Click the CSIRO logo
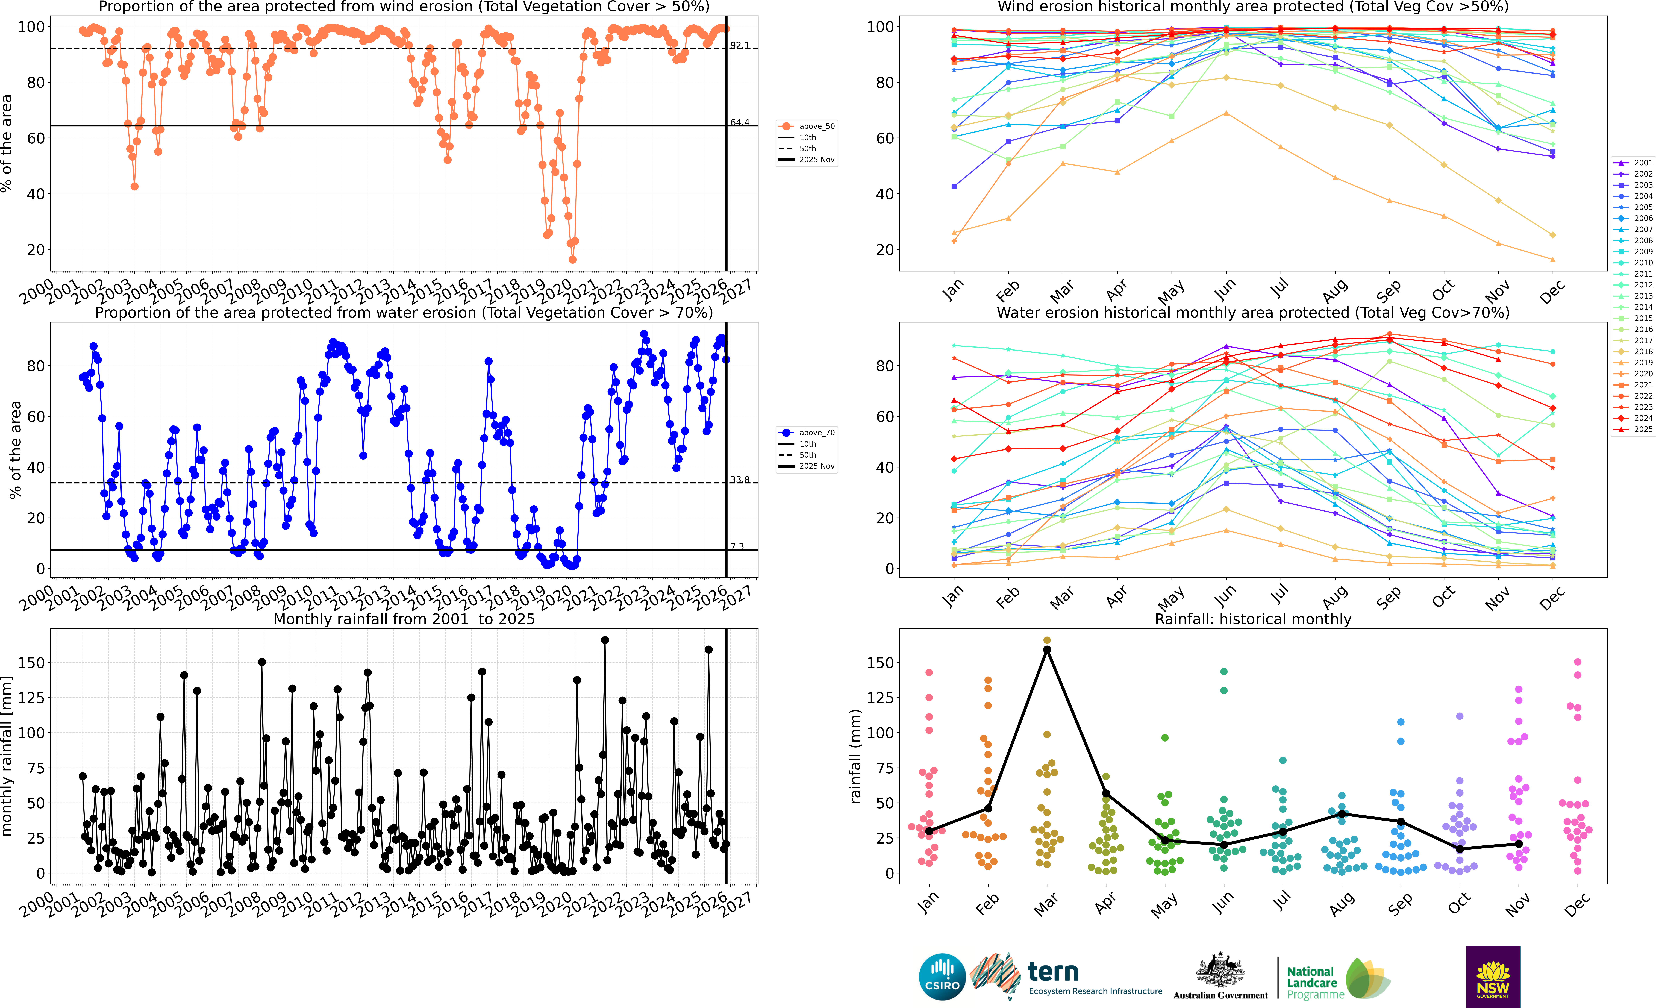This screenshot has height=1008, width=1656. pos(942,976)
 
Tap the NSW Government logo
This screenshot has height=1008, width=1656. pos(1493,976)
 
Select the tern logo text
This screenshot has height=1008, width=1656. pos(1053,972)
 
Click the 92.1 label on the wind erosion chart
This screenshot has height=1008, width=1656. pos(739,45)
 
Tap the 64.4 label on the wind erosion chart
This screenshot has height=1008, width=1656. pos(739,122)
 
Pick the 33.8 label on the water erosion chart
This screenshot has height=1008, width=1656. pos(739,479)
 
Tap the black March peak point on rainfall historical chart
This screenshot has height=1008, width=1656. pos(1046,649)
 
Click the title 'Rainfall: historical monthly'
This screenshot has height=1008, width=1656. pos(1253,619)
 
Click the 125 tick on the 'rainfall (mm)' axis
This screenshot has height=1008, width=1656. pos(880,698)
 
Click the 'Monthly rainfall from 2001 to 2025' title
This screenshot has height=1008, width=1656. pos(404,619)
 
